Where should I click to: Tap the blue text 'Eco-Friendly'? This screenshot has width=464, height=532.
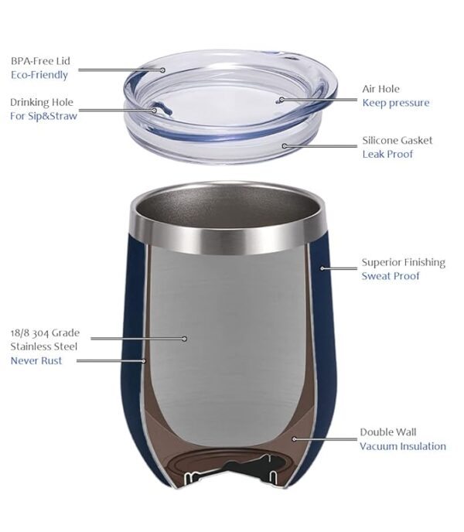coord(39,75)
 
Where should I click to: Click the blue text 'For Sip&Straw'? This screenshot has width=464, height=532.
coord(44,116)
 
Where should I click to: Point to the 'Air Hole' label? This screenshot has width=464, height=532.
coord(381,89)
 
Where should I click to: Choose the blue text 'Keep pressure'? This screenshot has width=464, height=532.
coord(396,103)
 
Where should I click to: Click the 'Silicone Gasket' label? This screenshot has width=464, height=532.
coord(397,141)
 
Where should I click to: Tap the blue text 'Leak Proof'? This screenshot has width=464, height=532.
coord(387,154)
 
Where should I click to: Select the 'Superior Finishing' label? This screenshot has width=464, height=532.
coord(404,262)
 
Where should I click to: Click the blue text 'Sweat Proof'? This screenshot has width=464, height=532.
coord(391,276)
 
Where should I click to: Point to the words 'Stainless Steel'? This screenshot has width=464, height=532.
coord(44,346)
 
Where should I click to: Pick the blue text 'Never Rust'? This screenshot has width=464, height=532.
coord(36,360)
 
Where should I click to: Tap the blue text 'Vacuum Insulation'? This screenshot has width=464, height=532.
coord(403,446)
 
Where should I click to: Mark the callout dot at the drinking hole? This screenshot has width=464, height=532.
coord(154,110)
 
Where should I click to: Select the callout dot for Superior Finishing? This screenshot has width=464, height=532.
coord(322,268)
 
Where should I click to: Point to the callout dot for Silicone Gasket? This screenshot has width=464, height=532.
coord(285,145)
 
